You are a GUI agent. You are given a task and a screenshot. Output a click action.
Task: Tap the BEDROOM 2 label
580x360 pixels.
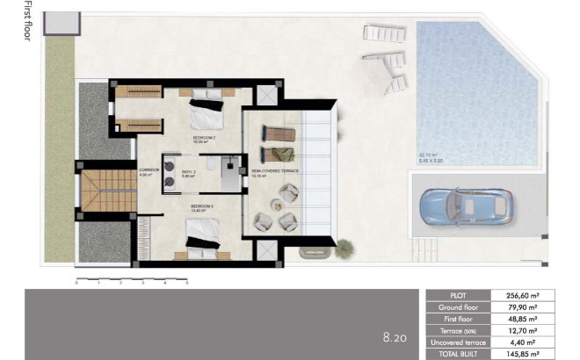[x=205, y=139]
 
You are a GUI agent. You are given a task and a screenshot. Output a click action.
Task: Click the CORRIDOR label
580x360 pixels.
[x=149, y=171]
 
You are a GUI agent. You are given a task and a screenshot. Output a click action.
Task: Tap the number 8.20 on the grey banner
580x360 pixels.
[x=395, y=336]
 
